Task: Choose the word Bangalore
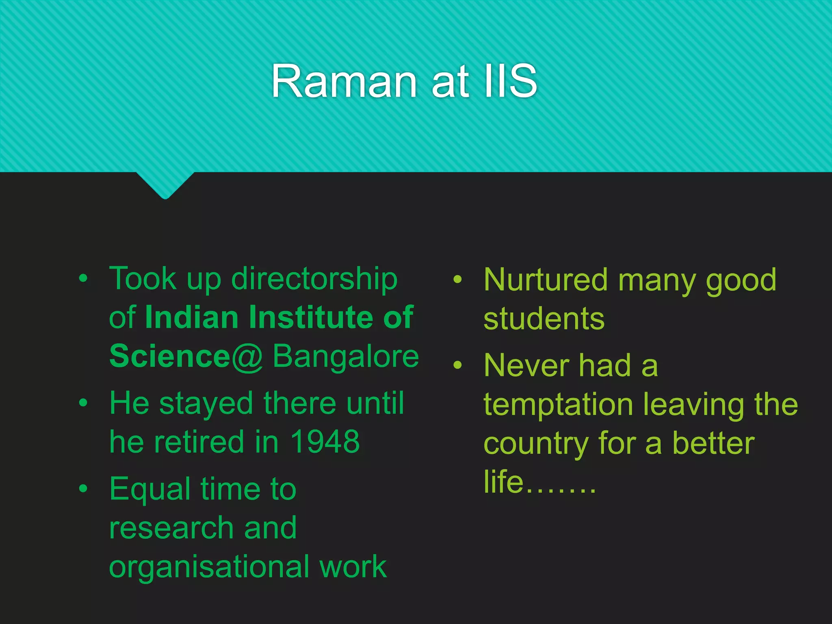[x=345, y=356]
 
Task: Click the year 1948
[x=325, y=442]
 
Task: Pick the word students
[x=544, y=319]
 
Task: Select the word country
[x=536, y=444]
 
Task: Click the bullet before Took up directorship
[x=83, y=279]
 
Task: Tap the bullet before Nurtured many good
[x=458, y=279]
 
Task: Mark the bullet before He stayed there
[x=83, y=403]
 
